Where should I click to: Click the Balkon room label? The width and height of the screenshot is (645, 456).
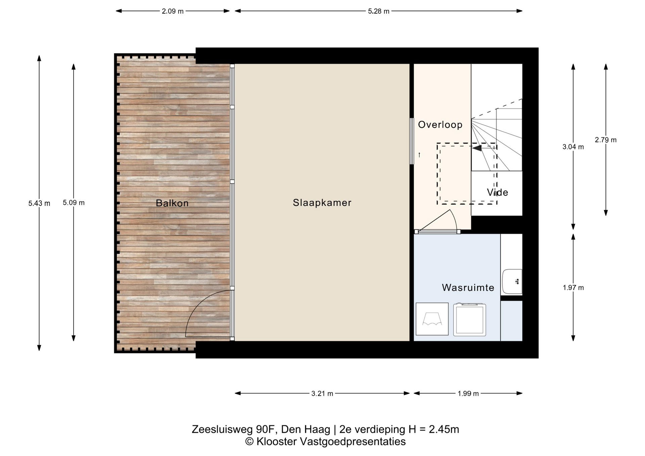pyautogui.click(x=172, y=203)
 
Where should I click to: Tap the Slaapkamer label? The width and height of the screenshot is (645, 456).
pyautogui.click(x=322, y=202)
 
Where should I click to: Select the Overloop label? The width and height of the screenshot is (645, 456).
pyautogui.click(x=440, y=125)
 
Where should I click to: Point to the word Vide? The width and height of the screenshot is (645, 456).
pyautogui.click(x=497, y=192)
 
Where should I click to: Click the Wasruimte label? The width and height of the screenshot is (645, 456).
pyautogui.click(x=468, y=287)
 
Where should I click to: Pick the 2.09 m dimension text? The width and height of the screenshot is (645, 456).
pyautogui.click(x=173, y=11)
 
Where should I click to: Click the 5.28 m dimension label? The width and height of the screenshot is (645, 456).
pyautogui.click(x=379, y=11)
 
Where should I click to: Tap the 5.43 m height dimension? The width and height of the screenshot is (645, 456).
pyautogui.click(x=39, y=203)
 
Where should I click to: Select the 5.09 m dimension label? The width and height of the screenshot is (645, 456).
pyautogui.click(x=74, y=202)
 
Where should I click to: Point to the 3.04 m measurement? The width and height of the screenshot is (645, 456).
pyautogui.click(x=573, y=147)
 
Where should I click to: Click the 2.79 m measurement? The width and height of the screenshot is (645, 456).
pyautogui.click(x=606, y=140)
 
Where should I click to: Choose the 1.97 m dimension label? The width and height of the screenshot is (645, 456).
pyautogui.click(x=573, y=287)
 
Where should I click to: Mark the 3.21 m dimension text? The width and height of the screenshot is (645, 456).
pyautogui.click(x=322, y=393)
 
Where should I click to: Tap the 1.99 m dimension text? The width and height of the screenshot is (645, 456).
pyautogui.click(x=468, y=393)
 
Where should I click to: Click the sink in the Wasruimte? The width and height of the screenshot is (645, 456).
pyautogui.click(x=512, y=282)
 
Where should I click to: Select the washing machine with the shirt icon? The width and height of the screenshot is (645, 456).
pyautogui.click(x=432, y=319)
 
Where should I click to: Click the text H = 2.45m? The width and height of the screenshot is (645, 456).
pyautogui.click(x=434, y=429)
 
